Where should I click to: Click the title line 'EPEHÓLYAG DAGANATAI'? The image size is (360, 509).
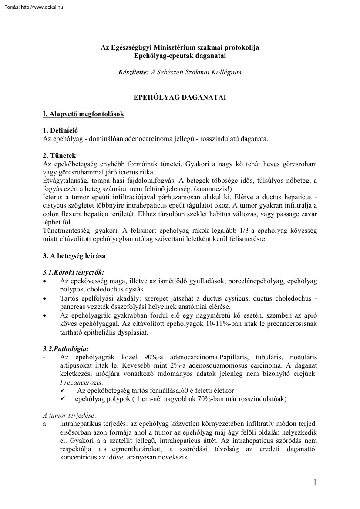(x=180, y=98)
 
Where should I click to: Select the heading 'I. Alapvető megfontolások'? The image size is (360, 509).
(x=84, y=114)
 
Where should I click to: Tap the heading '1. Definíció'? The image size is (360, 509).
(x=61, y=131)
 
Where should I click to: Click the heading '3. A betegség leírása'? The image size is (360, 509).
(x=74, y=256)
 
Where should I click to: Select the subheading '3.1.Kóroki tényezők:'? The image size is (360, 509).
(x=74, y=272)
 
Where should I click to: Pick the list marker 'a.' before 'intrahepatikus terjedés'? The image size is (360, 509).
(x=46, y=423)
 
